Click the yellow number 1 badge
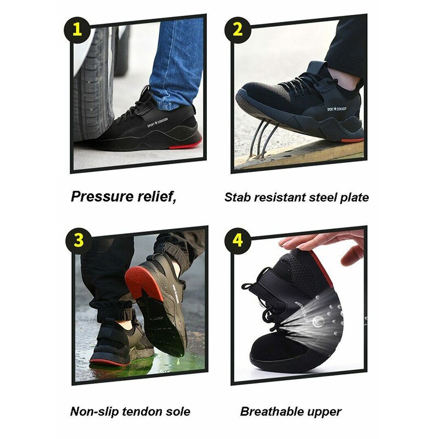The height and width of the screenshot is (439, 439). coord(78,30)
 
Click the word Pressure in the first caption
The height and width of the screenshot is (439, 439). coord(102,196)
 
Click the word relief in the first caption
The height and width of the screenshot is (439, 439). coord(158,196)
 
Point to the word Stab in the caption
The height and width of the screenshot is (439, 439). coord(236,197)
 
